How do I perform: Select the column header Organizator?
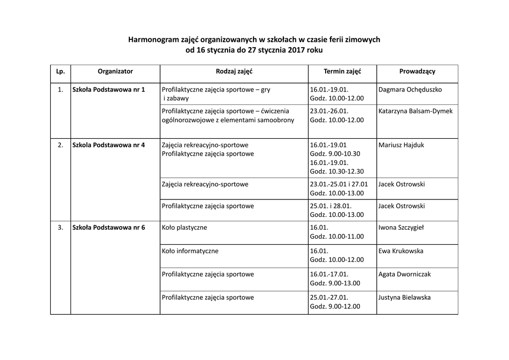click(115, 72)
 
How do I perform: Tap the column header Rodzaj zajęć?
click(234, 72)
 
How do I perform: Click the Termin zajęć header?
click(342, 72)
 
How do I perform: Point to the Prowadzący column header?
click(417, 72)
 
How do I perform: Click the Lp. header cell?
click(61, 72)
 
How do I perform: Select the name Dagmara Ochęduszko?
click(410, 90)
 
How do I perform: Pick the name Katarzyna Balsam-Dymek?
click(416, 111)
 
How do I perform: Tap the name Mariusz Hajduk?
click(401, 145)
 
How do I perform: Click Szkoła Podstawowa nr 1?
click(109, 90)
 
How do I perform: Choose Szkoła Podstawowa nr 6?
click(109, 228)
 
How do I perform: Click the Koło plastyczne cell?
click(184, 228)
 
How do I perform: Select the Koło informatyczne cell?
click(190, 251)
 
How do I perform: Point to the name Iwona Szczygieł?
click(401, 228)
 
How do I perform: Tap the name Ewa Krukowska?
click(401, 251)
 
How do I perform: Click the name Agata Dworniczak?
click(405, 274)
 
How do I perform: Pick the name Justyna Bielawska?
click(405, 298)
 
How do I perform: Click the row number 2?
click(61, 145)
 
